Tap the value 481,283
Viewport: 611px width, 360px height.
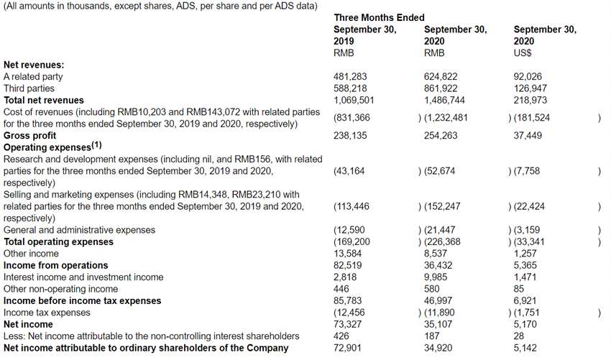351,76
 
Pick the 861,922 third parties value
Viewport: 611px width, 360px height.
441,88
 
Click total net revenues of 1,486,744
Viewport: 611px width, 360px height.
446,100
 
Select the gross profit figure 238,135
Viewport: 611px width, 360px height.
351,135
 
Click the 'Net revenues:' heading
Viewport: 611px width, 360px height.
34,65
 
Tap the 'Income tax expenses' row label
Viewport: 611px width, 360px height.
47,313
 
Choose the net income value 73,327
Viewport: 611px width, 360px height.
348,324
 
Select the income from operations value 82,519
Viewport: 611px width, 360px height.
348,265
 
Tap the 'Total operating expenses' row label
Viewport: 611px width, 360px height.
58,241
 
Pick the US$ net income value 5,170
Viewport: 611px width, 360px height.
525,324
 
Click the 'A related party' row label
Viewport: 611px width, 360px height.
33,76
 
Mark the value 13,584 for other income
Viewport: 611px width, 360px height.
348,253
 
